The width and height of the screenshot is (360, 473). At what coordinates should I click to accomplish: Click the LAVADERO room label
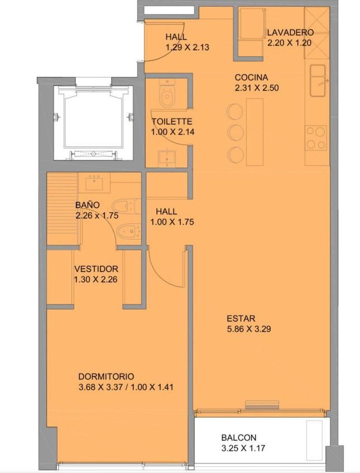coord(290,32)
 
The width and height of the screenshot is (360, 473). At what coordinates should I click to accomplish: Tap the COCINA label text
coord(251,78)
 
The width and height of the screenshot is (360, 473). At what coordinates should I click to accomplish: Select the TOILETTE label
coord(172,122)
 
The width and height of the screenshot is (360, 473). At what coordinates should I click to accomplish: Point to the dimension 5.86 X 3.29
coord(249,329)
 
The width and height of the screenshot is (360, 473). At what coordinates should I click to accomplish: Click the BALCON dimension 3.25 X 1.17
coord(243,448)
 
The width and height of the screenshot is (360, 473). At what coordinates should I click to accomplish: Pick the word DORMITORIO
coord(106,376)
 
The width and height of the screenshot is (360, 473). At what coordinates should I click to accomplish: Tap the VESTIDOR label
coord(96,269)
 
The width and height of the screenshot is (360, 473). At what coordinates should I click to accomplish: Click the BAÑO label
coord(88,205)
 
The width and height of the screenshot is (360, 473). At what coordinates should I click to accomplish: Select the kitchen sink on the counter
coord(318,80)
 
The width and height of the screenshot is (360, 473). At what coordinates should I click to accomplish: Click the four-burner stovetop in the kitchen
coord(316,138)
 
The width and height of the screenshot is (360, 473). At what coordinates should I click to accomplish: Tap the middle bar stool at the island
coord(236,132)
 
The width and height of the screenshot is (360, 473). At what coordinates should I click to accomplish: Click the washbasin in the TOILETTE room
coord(167,157)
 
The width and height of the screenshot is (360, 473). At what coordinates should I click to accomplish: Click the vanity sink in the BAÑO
coord(94,183)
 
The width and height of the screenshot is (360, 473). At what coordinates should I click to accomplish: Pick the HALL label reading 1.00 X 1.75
coord(172,217)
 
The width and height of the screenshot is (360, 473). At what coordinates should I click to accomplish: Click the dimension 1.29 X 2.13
coord(187,47)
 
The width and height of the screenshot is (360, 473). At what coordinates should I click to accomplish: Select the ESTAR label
coord(241,318)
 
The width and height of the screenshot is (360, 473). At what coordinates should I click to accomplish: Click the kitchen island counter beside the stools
coord(255,132)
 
